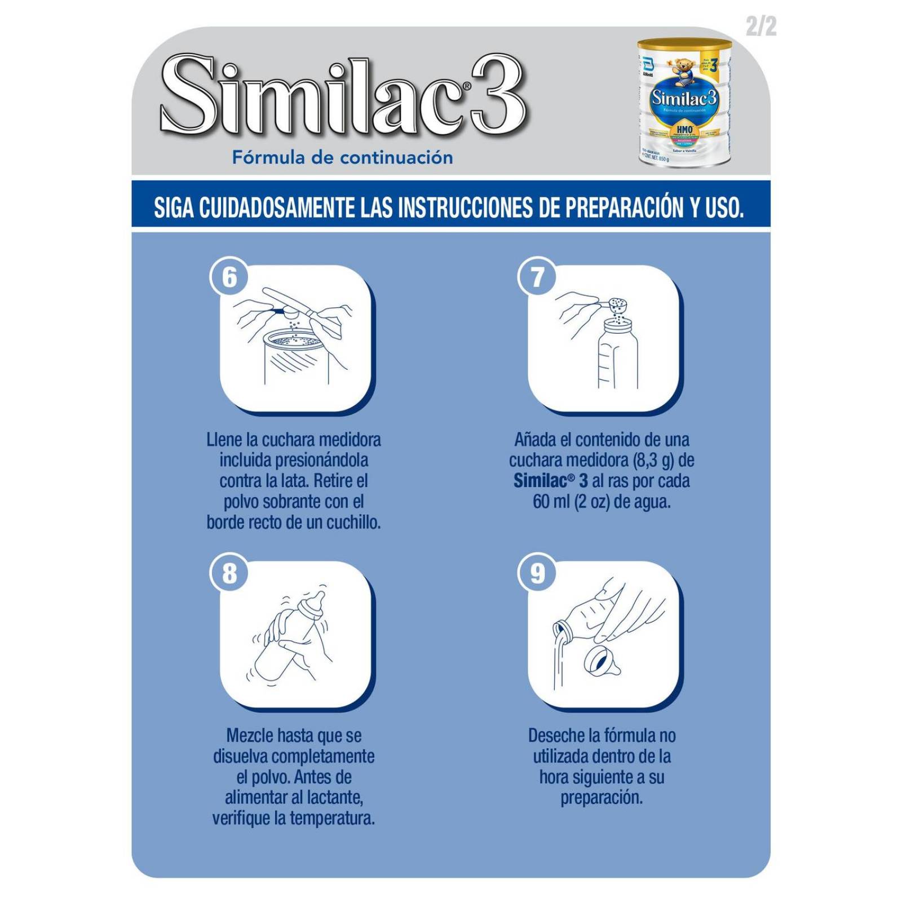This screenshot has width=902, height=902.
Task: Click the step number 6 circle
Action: point(229,277)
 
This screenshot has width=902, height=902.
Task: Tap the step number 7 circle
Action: point(537,277)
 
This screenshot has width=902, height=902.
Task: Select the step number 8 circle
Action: point(229,573)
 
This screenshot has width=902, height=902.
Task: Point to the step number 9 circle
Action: point(537,573)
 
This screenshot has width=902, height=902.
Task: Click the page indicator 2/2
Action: point(760,26)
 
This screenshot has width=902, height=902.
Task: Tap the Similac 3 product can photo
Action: point(684,103)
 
